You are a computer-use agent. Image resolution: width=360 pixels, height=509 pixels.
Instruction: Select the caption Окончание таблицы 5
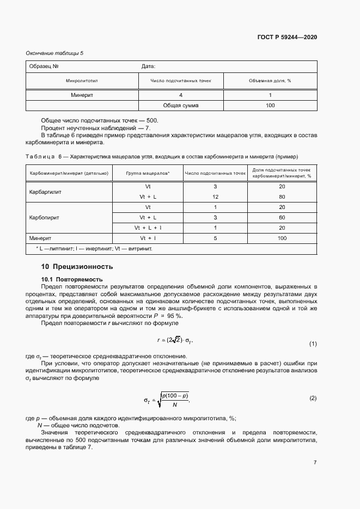tap(55, 53)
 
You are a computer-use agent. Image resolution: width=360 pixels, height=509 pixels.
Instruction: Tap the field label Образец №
tap(45, 66)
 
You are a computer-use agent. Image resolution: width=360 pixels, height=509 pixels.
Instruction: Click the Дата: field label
tap(149, 66)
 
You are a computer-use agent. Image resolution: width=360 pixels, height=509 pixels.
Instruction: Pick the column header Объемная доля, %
tap(270, 81)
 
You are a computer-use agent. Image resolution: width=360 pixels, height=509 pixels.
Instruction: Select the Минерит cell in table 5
tap(82, 95)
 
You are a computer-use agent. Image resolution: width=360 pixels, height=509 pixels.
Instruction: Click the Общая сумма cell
tap(181, 105)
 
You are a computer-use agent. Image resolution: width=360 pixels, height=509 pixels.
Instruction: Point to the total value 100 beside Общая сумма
tap(270, 105)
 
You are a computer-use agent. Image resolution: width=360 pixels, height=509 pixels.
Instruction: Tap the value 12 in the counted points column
tap(216, 197)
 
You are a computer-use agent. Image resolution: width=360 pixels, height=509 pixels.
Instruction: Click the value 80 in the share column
tap(282, 197)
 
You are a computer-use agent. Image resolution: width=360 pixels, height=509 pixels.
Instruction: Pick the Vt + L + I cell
tap(148, 228)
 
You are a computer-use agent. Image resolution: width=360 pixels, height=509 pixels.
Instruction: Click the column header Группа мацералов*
tap(148, 174)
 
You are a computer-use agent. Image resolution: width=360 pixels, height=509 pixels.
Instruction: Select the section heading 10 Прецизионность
tap(77, 267)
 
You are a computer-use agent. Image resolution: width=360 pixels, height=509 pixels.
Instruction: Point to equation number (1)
tap(313, 344)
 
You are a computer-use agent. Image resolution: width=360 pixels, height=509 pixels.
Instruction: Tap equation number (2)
tap(313, 398)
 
